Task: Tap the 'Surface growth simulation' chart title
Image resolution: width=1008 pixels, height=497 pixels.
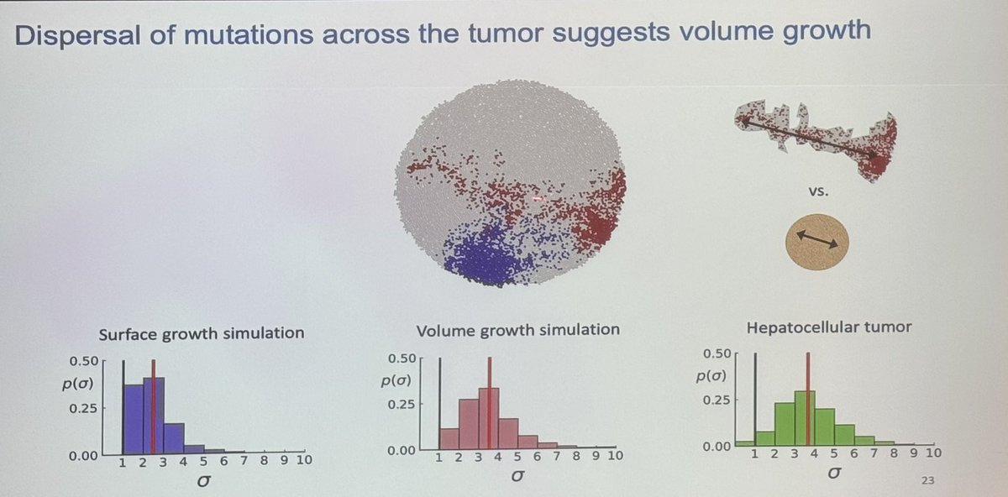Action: pyautogui.click(x=202, y=332)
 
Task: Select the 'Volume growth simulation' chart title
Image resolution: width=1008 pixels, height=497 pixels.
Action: pyautogui.click(x=518, y=329)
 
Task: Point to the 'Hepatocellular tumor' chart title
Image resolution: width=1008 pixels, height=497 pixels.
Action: pyautogui.click(x=828, y=327)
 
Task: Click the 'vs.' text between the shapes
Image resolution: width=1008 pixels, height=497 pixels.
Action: pyautogui.click(x=816, y=191)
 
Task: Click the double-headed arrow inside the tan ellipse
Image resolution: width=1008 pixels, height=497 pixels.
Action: pyautogui.click(x=816, y=241)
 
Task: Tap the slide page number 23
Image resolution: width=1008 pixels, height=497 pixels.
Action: pyautogui.click(x=927, y=481)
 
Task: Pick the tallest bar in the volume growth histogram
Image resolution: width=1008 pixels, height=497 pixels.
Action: pyautogui.click(x=489, y=418)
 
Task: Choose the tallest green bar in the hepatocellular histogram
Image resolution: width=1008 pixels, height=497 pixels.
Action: pyautogui.click(x=805, y=417)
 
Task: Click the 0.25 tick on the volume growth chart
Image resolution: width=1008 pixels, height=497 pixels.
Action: pyautogui.click(x=402, y=403)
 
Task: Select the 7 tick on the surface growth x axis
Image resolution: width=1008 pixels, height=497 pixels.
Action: pyautogui.click(x=244, y=460)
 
